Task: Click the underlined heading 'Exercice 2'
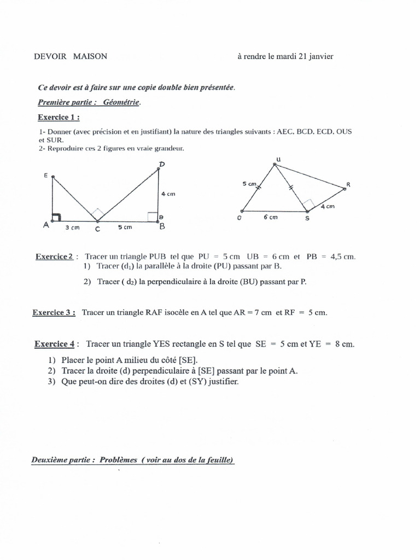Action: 54,256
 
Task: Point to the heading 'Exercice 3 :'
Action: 54,312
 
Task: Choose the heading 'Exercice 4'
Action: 54,344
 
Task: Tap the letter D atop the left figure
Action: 162,164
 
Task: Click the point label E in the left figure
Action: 46,175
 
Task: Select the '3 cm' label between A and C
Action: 73,228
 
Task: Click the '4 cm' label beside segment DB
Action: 168,194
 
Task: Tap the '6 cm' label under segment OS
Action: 270,217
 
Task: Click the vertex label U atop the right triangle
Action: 278,159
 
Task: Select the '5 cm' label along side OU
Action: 249,184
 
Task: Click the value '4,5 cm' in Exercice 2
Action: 343,256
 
